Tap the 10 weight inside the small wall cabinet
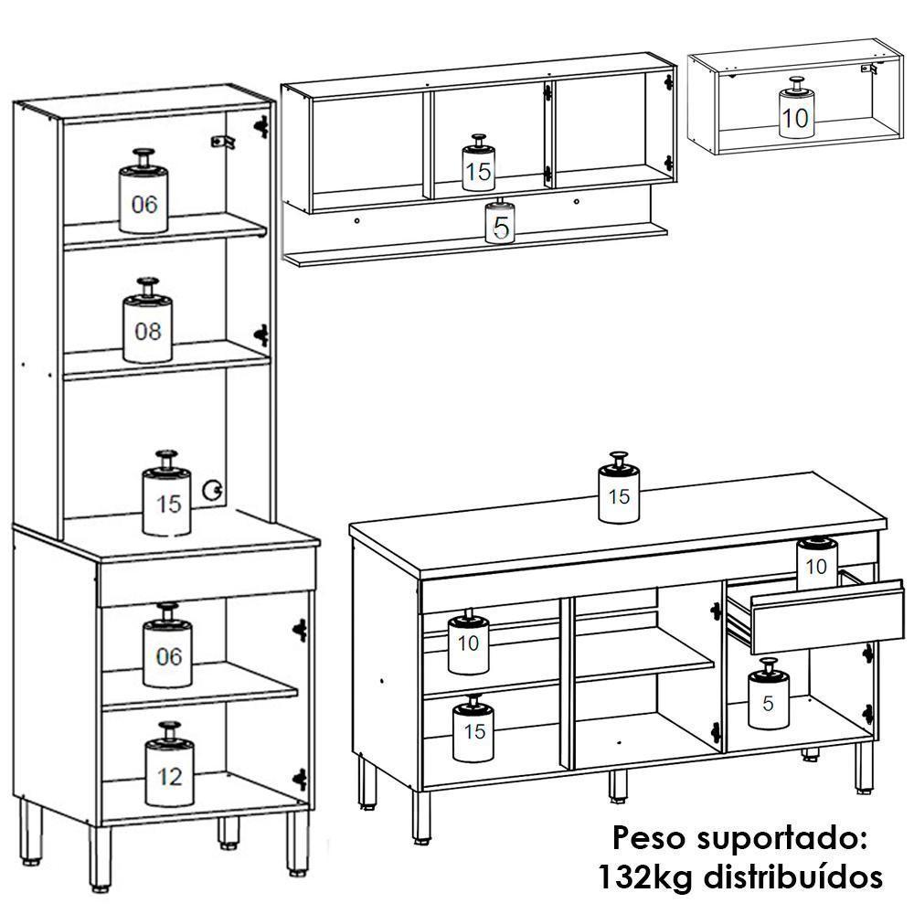[x=795, y=113]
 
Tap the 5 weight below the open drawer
[x=768, y=700]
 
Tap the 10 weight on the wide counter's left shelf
[x=468, y=640]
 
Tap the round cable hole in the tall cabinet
[x=215, y=490]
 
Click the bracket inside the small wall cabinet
[x=869, y=69]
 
